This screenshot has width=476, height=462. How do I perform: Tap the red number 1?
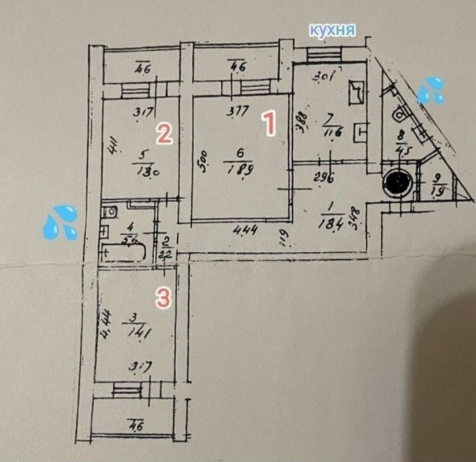pyautogui.click(x=268, y=124)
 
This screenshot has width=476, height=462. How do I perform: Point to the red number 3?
pyautogui.click(x=164, y=298)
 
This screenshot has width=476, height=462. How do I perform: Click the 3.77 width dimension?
pyautogui.click(x=233, y=113)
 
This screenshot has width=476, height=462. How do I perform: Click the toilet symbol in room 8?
pyautogui.click(x=399, y=114)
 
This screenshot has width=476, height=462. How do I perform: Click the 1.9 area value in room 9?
pyautogui.click(x=438, y=191)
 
